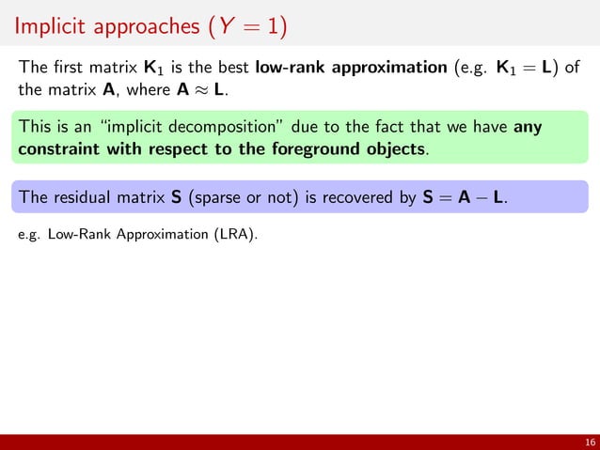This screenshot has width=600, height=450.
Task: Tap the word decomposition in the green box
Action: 208,127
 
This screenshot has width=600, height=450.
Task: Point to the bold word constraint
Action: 61,148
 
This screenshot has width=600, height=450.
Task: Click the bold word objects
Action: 392,148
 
